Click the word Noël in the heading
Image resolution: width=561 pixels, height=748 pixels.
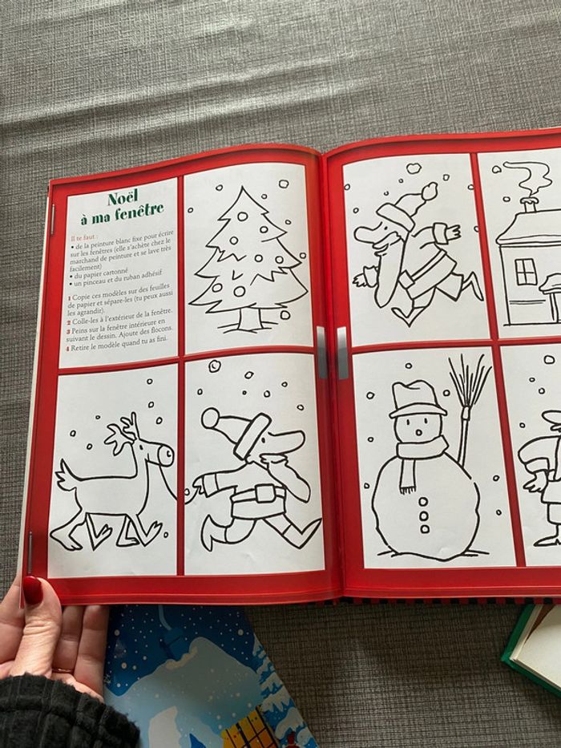(x=123, y=196)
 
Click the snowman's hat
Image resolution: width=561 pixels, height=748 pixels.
(x=416, y=398)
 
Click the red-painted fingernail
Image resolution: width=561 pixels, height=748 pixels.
(x=32, y=589)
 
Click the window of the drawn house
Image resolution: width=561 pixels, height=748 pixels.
(x=525, y=271)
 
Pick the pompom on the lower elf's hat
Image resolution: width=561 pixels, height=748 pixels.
(x=210, y=418)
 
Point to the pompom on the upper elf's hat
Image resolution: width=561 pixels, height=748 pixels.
(x=430, y=191)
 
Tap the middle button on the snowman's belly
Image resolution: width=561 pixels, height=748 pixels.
(x=422, y=514)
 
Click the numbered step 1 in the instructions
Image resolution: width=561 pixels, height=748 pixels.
(x=71, y=297)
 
